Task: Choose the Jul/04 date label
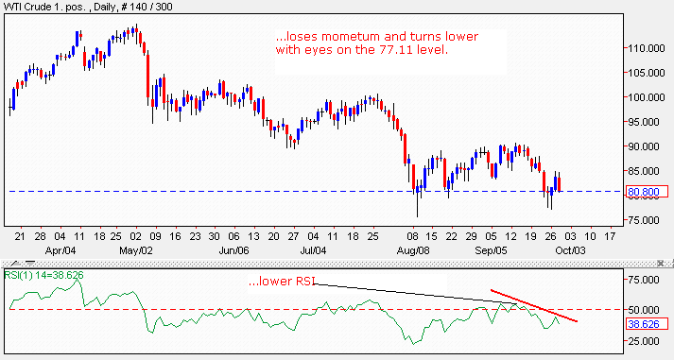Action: [320, 252]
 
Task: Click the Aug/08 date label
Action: [413, 252]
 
